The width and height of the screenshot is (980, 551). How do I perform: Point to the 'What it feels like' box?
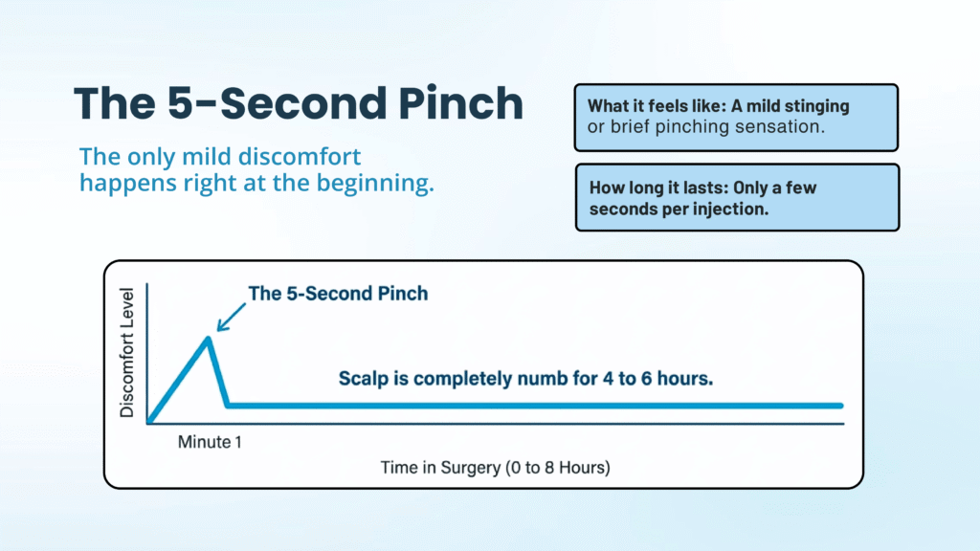tap(736, 117)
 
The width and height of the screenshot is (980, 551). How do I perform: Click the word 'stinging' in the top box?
tap(813, 106)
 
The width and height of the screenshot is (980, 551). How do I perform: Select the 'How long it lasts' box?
tap(736, 197)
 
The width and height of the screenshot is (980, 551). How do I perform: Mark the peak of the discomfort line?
tap(209, 338)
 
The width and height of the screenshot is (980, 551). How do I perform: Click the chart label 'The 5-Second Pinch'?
tap(338, 294)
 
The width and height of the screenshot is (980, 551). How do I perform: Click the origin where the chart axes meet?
tap(147, 422)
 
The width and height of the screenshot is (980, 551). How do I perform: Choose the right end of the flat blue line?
tap(840, 406)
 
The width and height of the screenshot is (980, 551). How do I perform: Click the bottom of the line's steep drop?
tap(228, 406)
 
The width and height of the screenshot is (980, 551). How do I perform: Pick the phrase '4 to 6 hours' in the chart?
tap(666, 378)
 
